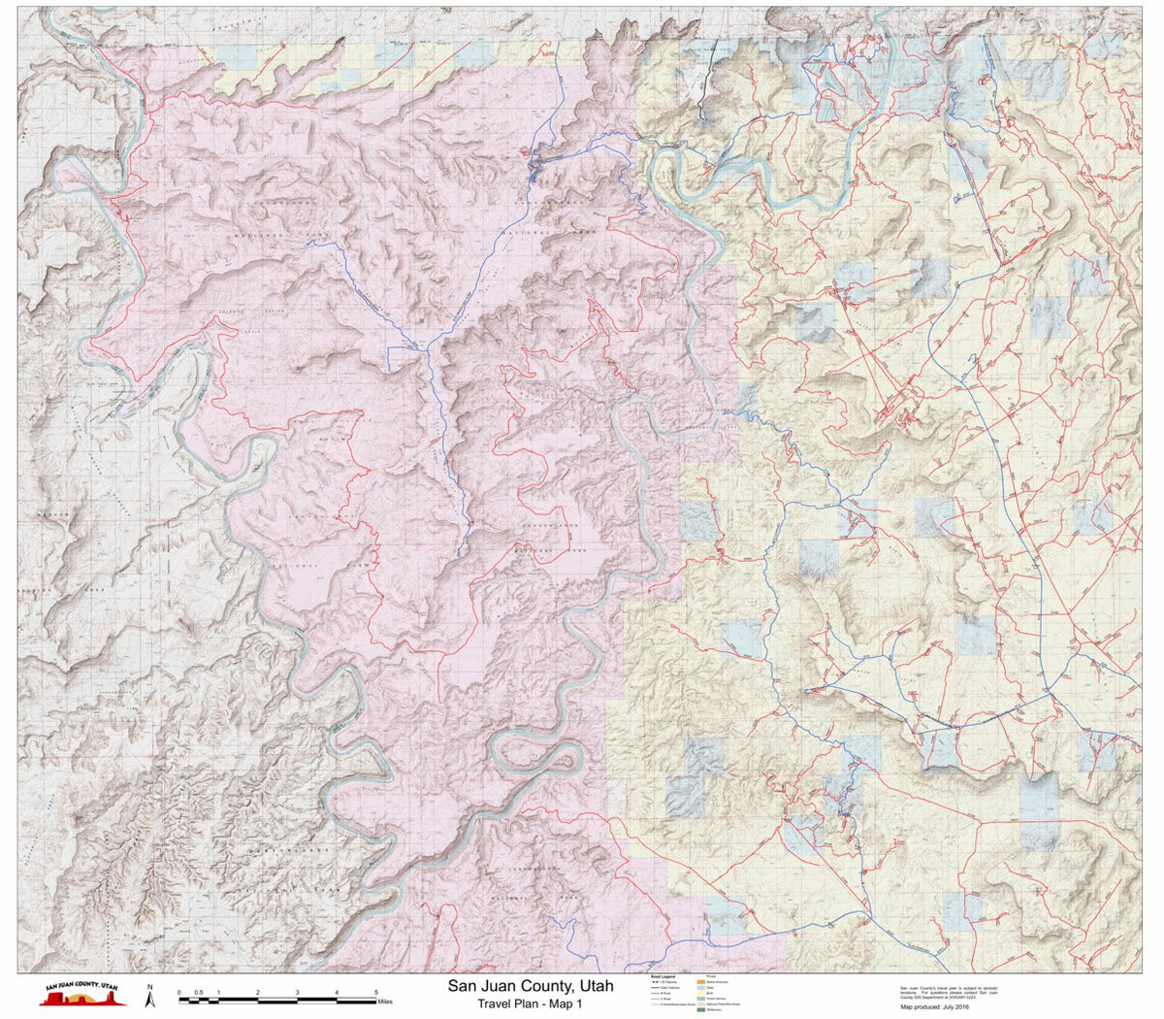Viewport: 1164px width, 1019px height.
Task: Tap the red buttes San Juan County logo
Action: point(81,997)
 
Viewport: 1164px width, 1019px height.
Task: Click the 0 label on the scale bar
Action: point(179,992)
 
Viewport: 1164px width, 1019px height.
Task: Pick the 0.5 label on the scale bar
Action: point(199,992)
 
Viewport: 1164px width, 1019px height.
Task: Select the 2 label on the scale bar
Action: point(258,992)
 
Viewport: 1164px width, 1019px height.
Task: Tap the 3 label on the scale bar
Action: point(298,992)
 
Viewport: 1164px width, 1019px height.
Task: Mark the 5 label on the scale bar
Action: point(376,992)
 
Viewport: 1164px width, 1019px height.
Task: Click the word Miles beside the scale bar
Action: point(385,1001)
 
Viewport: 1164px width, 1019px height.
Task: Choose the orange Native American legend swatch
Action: point(701,982)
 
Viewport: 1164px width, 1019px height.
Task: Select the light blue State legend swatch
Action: point(701,988)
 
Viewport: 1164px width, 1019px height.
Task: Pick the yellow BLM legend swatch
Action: point(701,994)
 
